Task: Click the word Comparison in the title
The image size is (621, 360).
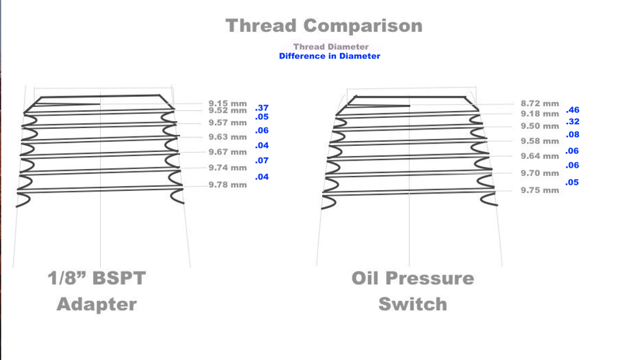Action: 363,26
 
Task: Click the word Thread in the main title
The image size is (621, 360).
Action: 261,26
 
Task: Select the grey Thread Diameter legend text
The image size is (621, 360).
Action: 331,47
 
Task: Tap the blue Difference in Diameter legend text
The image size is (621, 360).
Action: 329,56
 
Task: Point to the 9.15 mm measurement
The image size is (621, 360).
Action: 227,103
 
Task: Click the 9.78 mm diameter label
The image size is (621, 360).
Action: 227,185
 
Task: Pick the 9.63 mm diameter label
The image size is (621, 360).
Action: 227,137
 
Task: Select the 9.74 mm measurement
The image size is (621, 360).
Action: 227,168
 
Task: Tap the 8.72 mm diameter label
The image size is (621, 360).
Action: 539,104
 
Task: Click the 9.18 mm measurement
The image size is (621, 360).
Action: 539,114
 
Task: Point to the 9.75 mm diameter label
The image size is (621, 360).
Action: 539,191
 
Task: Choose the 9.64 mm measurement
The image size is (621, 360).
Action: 539,157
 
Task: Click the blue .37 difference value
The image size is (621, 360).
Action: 262,108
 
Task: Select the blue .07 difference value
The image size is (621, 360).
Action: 262,161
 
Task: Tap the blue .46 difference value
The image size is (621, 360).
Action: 573,110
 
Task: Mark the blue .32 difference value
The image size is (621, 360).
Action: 573,122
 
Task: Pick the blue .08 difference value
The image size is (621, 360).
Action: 573,135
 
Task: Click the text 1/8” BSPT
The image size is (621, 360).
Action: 96,278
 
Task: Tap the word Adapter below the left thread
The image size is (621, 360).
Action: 96,305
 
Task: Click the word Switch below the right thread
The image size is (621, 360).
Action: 413,304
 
